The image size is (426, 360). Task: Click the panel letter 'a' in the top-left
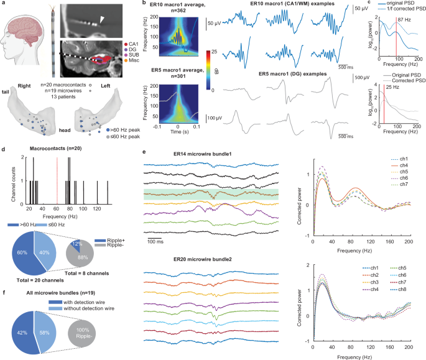(4, 4)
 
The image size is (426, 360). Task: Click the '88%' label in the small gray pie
(85, 240)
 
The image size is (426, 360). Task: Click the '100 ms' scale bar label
(159, 244)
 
